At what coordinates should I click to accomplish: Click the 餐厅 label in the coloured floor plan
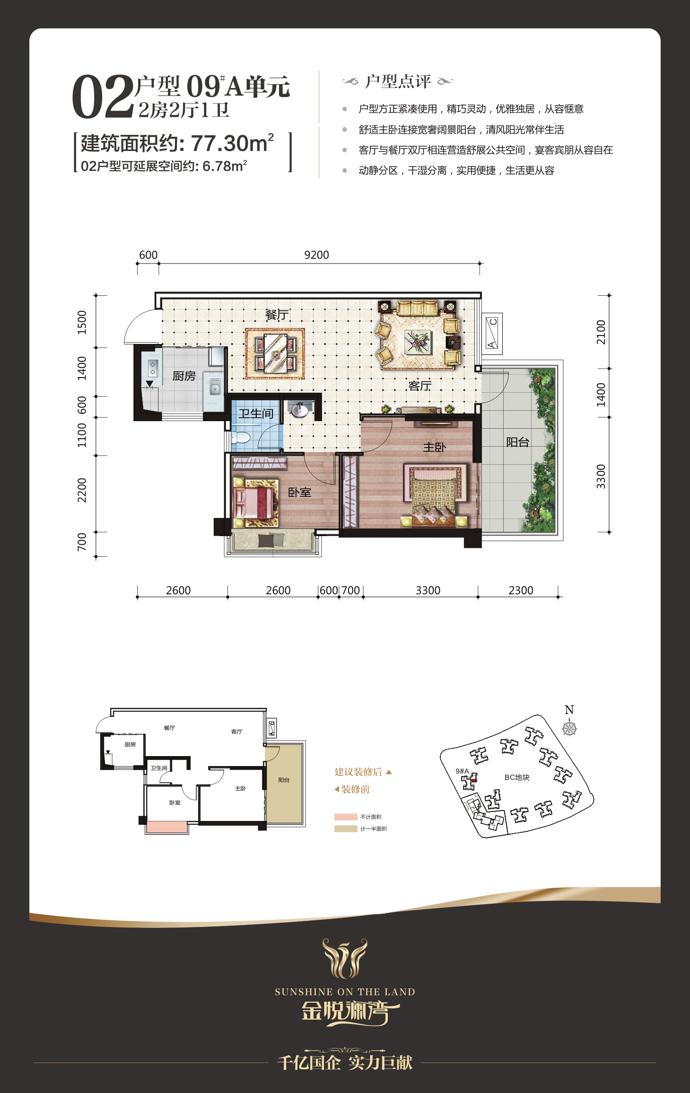click(277, 315)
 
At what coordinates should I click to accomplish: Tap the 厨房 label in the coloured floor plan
click(184, 376)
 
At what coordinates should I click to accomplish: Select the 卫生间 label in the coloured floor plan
click(256, 414)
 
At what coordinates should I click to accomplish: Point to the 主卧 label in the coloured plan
click(434, 447)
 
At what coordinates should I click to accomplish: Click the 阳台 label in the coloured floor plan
click(517, 442)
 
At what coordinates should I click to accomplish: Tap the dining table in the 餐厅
click(275, 354)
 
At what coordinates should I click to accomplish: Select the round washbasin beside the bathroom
click(299, 410)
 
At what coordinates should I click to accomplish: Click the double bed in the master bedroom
click(435, 496)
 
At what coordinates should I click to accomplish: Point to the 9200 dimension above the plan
click(316, 255)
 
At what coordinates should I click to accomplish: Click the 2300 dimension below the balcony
click(521, 591)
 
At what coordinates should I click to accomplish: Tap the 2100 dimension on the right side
click(601, 332)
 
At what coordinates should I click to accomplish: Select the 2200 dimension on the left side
click(82, 490)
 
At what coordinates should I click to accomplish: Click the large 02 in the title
click(103, 97)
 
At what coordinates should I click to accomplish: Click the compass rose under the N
click(569, 728)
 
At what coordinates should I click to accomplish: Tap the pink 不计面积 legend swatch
click(346, 817)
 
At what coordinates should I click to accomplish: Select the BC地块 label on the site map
click(517, 777)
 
